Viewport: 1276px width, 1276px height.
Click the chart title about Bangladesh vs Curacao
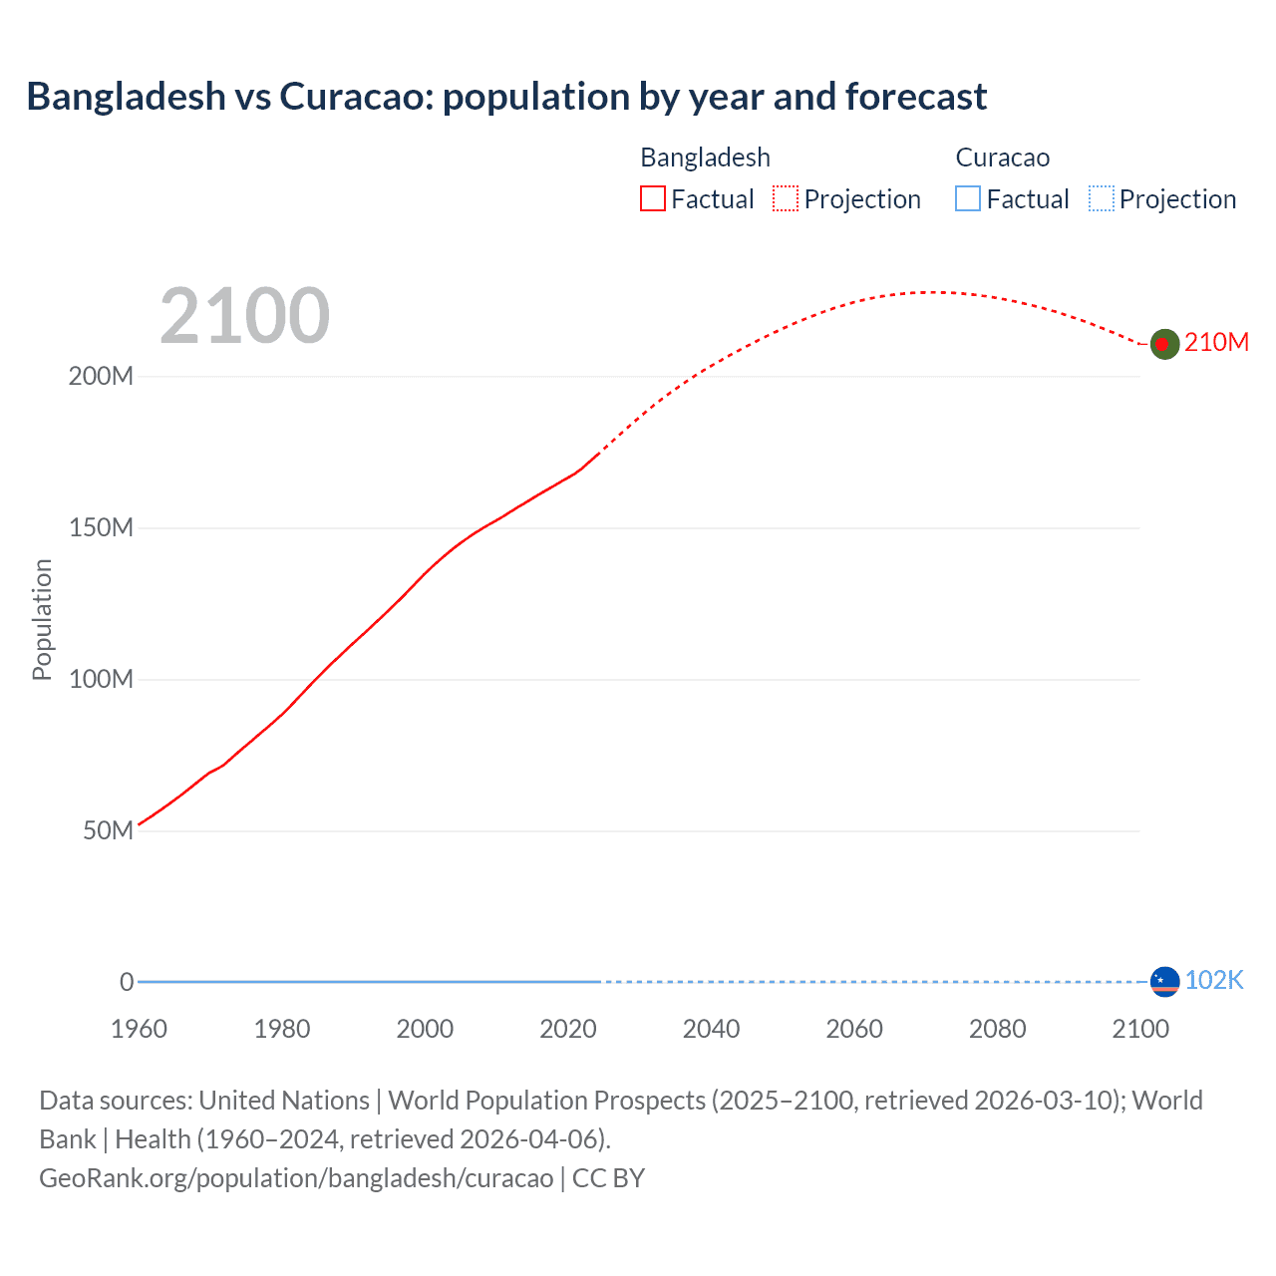tap(506, 97)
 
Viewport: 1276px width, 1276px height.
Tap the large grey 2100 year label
tap(244, 316)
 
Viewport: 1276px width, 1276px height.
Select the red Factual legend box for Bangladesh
tap(652, 199)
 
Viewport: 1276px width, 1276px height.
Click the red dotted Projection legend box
tap(786, 199)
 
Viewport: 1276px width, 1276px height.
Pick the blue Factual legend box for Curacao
tap(967, 199)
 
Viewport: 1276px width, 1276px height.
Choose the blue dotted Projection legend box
tap(1101, 199)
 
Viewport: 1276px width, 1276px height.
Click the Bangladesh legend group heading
tap(705, 158)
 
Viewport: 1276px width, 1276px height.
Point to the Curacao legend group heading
tap(1002, 158)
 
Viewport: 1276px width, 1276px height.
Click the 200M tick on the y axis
tap(101, 377)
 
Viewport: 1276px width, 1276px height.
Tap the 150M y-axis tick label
tap(101, 528)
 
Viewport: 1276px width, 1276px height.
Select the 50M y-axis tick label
tap(108, 831)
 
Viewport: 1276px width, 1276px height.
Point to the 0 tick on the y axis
tap(127, 982)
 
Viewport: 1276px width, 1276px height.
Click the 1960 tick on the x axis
tap(139, 1029)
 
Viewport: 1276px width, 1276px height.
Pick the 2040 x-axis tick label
tap(711, 1029)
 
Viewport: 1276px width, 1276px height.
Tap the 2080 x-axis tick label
tap(997, 1029)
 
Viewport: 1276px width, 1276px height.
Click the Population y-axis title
tap(42, 619)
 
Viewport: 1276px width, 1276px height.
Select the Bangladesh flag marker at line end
tap(1164, 344)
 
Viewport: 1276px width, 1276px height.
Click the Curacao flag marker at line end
tap(1164, 982)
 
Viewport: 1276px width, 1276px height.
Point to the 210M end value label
tap(1216, 342)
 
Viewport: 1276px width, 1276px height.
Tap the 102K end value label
tap(1213, 980)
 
